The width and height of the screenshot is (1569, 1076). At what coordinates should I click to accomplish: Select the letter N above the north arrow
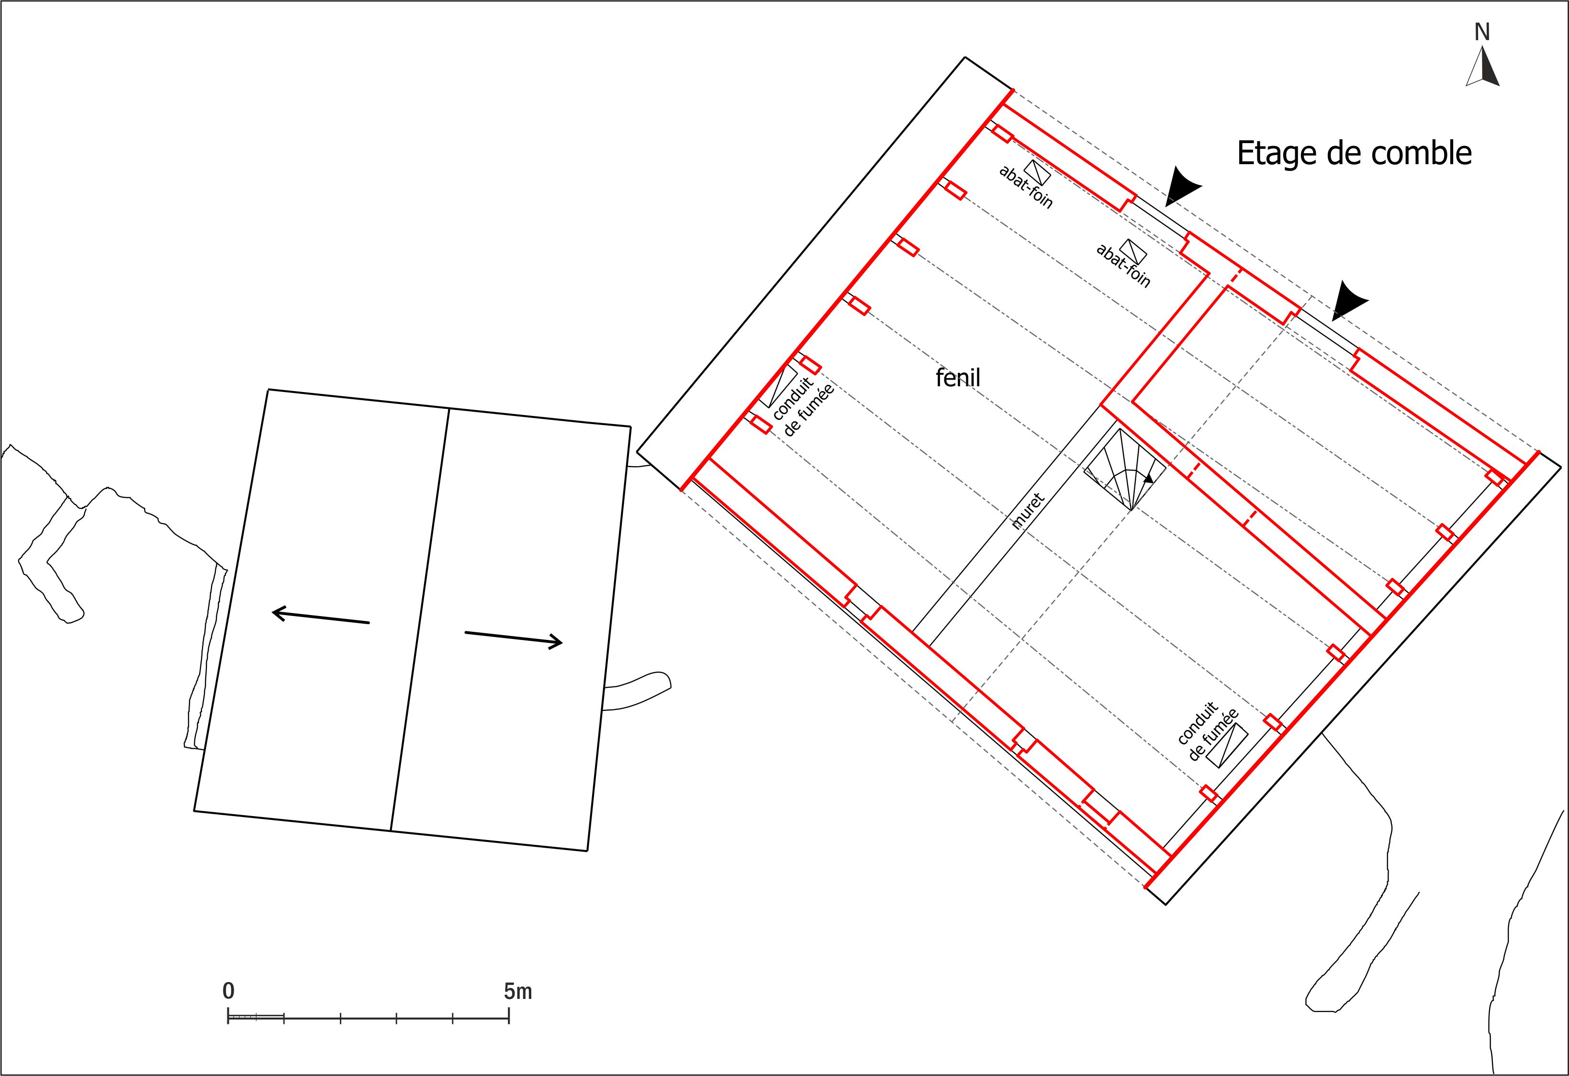[x=1482, y=32]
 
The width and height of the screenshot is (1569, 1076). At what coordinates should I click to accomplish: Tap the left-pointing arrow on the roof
[x=320, y=617]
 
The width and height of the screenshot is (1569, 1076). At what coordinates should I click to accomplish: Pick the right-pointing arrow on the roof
[x=514, y=639]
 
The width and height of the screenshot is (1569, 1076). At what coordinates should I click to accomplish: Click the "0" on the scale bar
[x=229, y=991]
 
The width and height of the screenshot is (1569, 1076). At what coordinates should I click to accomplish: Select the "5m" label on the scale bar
[x=518, y=991]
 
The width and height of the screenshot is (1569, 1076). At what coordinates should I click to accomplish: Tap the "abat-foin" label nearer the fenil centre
[x=1122, y=265]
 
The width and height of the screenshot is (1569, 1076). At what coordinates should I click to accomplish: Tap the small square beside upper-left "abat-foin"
[x=1038, y=173]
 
